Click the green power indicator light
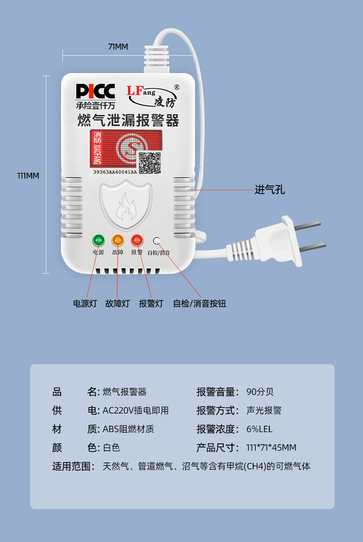[98, 240]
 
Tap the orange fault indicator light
[118, 240]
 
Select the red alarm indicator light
[137, 240]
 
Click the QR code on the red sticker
[150, 163]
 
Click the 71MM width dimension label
[118, 47]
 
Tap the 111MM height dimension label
[28, 176]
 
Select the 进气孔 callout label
[270, 190]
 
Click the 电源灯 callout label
[85, 304]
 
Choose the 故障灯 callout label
[118, 304]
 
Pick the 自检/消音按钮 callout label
[199, 304]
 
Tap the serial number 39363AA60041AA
[115, 172]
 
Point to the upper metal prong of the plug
[306, 226]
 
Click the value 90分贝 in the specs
[260, 392]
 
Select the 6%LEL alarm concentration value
[259, 429]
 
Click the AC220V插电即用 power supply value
[136, 410]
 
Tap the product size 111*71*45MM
[272, 448]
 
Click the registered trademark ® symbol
[176, 87]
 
